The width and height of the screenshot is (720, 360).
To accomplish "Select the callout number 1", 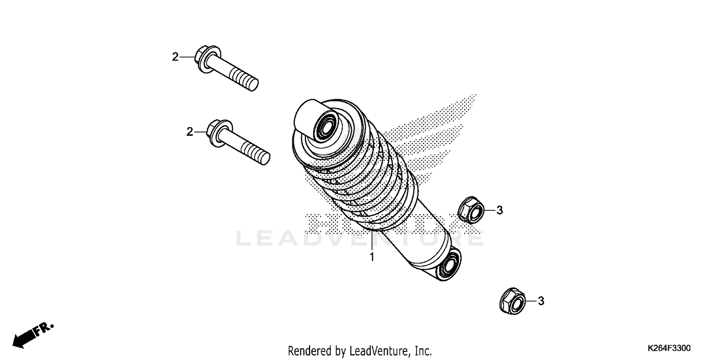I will (371, 258).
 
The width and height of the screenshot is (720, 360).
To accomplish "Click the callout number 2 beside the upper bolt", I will (175, 57).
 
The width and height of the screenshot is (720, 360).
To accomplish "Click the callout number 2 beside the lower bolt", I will (189, 132).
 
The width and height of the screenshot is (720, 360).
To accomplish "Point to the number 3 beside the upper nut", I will (499, 210).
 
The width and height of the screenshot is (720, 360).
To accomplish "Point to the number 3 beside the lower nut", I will (540, 301).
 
